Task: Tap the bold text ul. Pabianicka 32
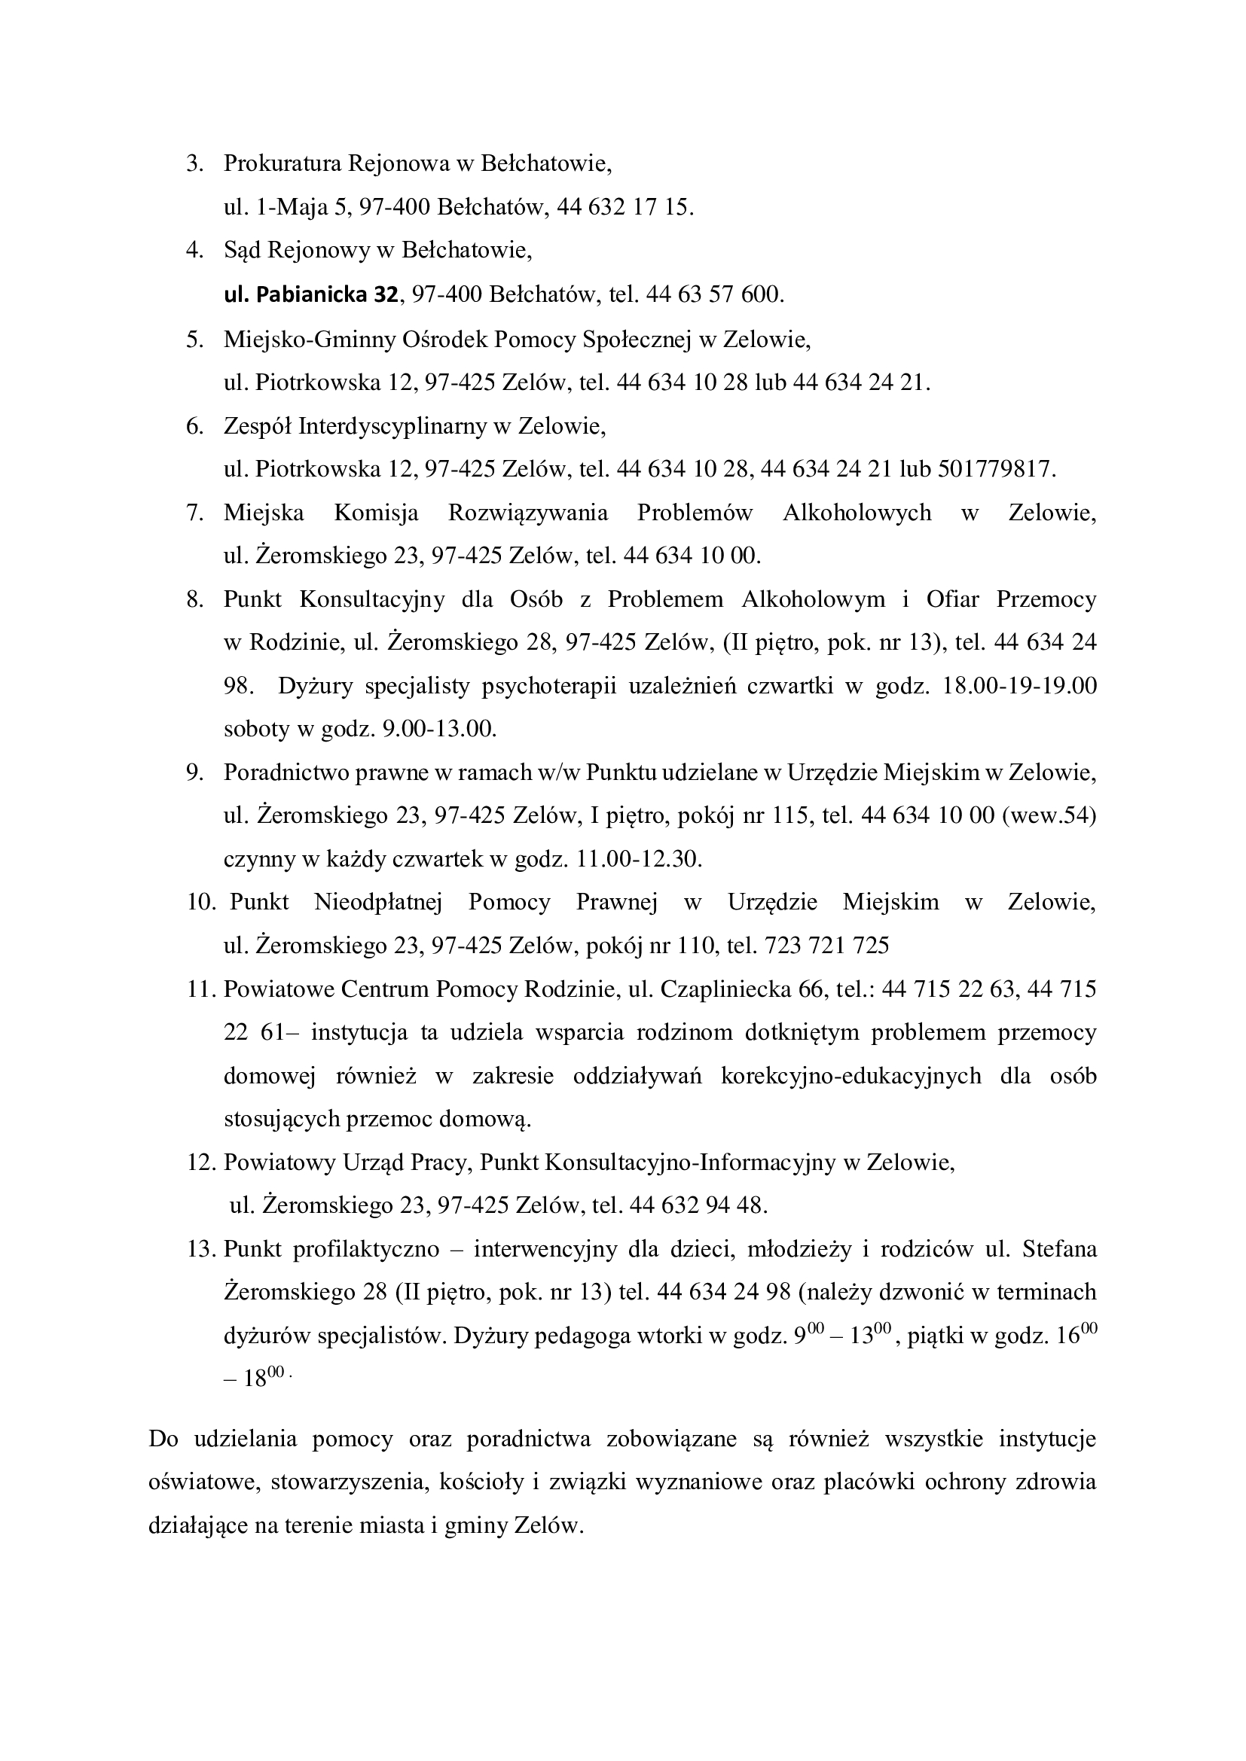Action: point(310,294)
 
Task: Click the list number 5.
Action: point(194,338)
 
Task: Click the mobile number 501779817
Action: point(997,468)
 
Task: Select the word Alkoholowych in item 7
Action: point(857,513)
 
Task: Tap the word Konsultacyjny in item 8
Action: point(372,599)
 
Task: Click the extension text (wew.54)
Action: point(1049,815)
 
